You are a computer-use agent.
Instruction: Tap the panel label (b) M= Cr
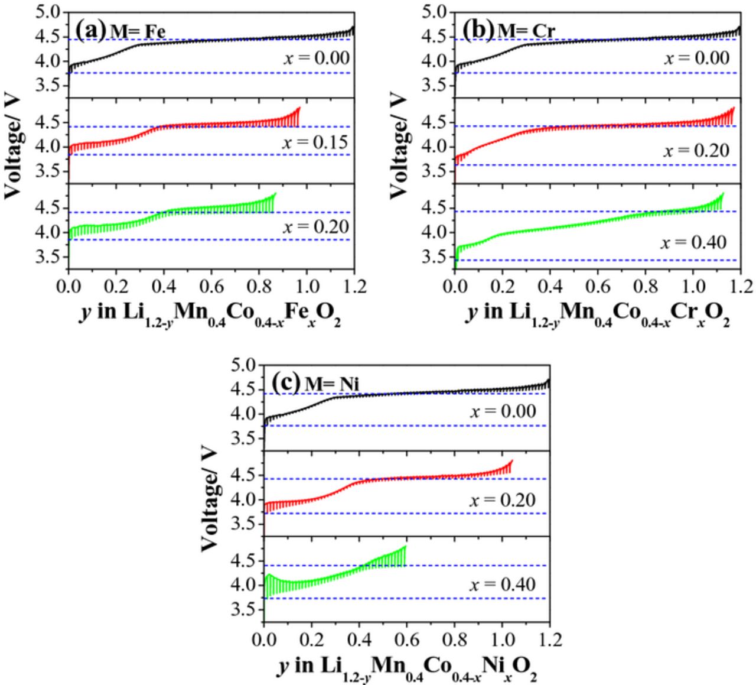coord(509,30)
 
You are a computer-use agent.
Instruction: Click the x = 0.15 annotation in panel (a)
coord(315,142)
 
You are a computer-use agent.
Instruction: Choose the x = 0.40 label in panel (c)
coord(503,585)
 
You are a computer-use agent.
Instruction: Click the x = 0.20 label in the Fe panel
coord(315,227)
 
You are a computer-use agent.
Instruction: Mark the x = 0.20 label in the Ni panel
coord(503,500)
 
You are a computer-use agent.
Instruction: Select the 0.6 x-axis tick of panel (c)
coord(407,639)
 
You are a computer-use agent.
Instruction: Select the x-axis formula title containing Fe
coord(210,314)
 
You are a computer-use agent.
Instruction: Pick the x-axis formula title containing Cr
coord(598,314)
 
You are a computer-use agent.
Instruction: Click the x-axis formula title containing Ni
coord(407,667)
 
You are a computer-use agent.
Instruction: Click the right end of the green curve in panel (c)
coord(406,547)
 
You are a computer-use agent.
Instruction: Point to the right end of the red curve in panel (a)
coord(299,108)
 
